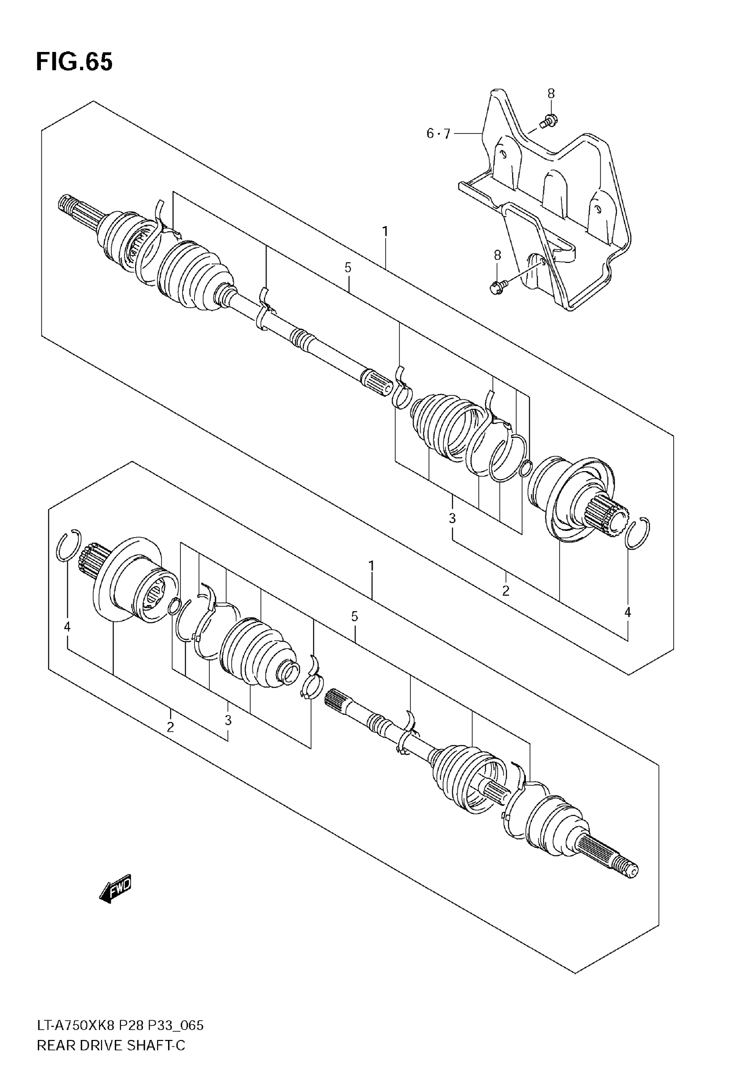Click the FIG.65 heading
[74, 62]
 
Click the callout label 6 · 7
[438, 134]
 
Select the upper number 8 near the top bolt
[551, 94]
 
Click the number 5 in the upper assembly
[348, 268]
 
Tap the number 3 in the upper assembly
[452, 518]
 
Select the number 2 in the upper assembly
[505, 591]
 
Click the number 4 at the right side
[627, 612]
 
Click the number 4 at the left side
[67, 627]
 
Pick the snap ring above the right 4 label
[637, 533]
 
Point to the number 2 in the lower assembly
[170, 727]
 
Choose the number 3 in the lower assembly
[228, 720]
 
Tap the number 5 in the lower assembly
[354, 616]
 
